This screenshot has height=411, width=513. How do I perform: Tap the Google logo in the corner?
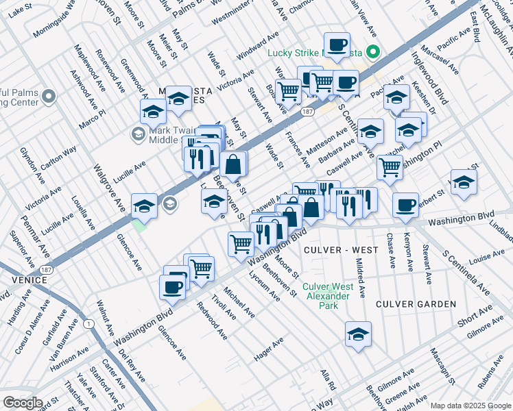23,403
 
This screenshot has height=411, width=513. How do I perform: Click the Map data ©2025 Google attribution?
470,406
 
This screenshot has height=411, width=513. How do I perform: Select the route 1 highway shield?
88,323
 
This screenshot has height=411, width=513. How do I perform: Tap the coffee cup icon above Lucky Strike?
337,45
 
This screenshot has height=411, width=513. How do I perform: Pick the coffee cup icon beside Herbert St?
405,204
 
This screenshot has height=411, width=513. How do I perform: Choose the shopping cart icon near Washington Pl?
390,166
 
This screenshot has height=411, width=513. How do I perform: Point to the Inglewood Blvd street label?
430,81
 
